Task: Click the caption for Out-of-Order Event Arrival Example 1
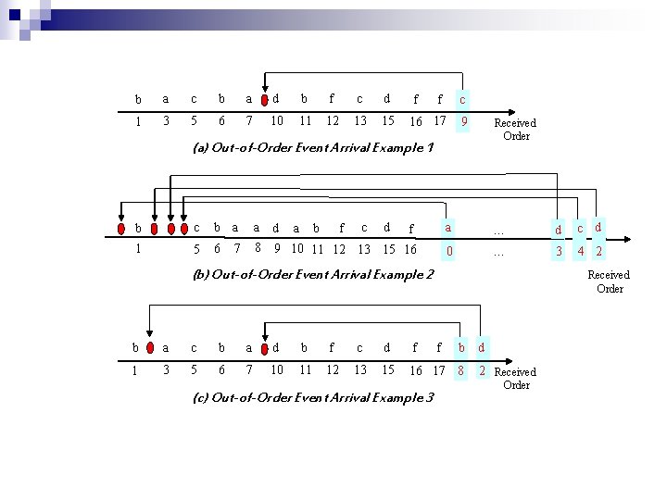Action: pos(313,147)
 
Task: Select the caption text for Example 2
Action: pos(313,274)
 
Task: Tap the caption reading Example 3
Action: pos(313,397)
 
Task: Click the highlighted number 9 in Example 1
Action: pos(462,120)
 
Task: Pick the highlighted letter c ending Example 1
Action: pos(462,98)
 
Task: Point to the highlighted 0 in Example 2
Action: pos(448,249)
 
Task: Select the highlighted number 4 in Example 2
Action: pos(580,250)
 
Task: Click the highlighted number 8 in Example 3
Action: pos(460,370)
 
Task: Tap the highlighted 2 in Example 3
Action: pos(482,370)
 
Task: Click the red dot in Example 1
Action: pos(266,98)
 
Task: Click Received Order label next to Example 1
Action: pos(515,129)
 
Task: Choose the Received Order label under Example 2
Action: pos(609,281)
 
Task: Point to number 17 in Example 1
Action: pos(440,120)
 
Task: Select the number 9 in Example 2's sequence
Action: pos(276,248)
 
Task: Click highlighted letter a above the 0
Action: pos(448,226)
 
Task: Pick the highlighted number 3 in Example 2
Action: pos(559,250)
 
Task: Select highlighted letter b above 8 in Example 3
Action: pos(460,348)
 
